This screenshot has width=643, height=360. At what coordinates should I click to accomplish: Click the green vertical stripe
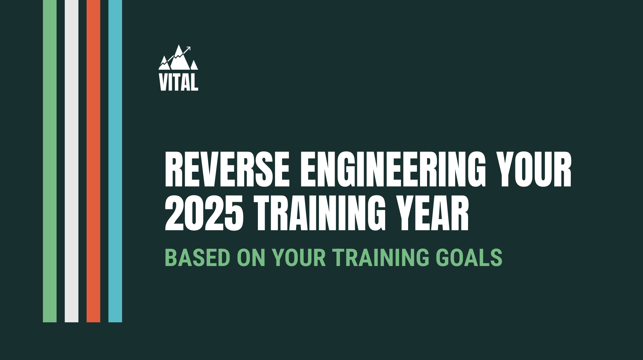[50, 161]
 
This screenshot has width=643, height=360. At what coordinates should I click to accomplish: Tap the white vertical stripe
[72, 161]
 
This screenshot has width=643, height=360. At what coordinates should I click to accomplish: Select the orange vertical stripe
[93, 161]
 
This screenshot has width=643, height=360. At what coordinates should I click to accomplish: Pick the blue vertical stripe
[115, 161]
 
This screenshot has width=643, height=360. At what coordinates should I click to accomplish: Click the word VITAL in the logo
[179, 82]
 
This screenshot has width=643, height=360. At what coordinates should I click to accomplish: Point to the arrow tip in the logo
[190, 47]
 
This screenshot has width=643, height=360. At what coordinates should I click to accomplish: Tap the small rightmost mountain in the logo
[194, 65]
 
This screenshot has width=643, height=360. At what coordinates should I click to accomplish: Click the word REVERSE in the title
[227, 169]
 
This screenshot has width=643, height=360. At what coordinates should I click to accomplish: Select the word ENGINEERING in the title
[393, 169]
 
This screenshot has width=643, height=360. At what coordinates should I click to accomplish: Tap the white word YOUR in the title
[534, 169]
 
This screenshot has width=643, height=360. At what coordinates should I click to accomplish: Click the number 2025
[204, 213]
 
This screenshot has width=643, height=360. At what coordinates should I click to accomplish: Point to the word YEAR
[433, 213]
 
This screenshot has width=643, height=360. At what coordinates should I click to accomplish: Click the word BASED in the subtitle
[198, 257]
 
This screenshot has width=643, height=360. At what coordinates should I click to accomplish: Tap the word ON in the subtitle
[251, 257]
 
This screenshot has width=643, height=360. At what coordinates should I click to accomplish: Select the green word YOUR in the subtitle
[299, 257]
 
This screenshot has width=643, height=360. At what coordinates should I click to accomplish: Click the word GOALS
[469, 257]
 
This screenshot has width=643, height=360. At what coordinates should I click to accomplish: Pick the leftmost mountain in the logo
[164, 64]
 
